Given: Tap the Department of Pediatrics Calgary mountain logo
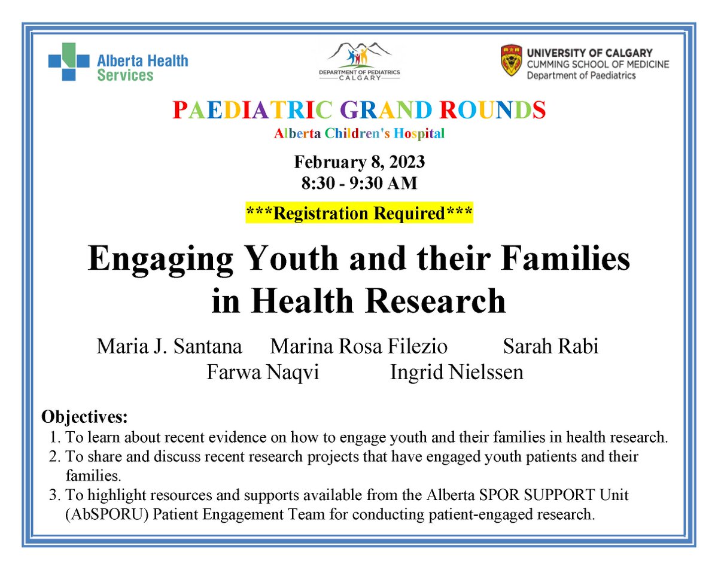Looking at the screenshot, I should click(360, 59).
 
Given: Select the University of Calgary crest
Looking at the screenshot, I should click(512, 62).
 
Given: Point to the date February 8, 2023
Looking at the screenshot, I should click(359, 163).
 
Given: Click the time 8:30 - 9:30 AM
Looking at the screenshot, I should click(359, 183).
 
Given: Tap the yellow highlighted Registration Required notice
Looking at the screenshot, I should click(359, 213).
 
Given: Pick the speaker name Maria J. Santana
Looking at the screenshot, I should click(169, 347).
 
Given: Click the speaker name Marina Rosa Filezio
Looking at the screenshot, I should click(359, 347).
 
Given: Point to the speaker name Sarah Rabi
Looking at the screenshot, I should click(550, 347).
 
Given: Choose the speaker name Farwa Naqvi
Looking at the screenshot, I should click(263, 373).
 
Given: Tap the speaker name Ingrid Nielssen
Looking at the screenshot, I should click(457, 373).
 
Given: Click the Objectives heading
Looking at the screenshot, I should click(84, 416).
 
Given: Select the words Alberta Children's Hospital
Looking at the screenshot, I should click(359, 134).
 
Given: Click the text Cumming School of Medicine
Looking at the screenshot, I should click(598, 64).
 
